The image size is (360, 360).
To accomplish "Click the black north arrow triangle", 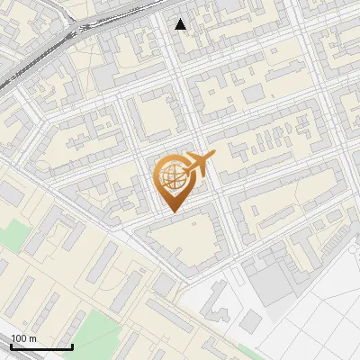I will [181, 24].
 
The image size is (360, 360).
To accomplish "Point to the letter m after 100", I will [33, 338].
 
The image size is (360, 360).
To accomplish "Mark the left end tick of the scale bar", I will [11, 346].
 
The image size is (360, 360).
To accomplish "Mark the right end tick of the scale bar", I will [72, 346].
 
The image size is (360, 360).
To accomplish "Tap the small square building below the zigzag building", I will [251, 321].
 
